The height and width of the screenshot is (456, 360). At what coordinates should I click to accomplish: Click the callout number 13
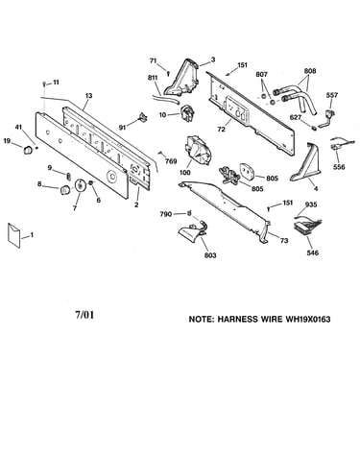click(x=88, y=95)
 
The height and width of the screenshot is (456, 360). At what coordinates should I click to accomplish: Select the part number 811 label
click(x=153, y=78)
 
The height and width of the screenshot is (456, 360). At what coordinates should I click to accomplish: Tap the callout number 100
click(x=185, y=173)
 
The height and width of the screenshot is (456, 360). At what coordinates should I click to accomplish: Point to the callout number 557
click(x=332, y=95)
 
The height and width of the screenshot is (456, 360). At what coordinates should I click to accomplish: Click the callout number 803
click(x=210, y=255)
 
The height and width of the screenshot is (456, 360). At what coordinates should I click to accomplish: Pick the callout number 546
click(x=312, y=252)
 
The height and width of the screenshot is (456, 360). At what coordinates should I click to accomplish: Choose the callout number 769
click(x=171, y=161)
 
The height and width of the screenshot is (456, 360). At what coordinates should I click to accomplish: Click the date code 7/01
click(x=84, y=315)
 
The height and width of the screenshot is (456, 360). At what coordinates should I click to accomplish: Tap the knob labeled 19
click(x=28, y=150)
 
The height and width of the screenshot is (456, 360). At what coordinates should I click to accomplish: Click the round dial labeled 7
click(x=79, y=185)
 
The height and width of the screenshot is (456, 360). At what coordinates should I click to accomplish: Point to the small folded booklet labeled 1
click(x=14, y=235)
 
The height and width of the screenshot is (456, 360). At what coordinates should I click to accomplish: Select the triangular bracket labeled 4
click(x=305, y=163)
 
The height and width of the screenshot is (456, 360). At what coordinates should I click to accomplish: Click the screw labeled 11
click(x=44, y=84)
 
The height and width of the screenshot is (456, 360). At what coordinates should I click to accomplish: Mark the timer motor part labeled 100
click(x=197, y=151)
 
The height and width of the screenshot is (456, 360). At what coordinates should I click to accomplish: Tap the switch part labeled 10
click(x=186, y=113)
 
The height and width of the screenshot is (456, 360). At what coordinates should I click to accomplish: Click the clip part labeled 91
click(x=143, y=118)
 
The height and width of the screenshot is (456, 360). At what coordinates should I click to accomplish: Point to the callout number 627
click(x=296, y=117)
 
